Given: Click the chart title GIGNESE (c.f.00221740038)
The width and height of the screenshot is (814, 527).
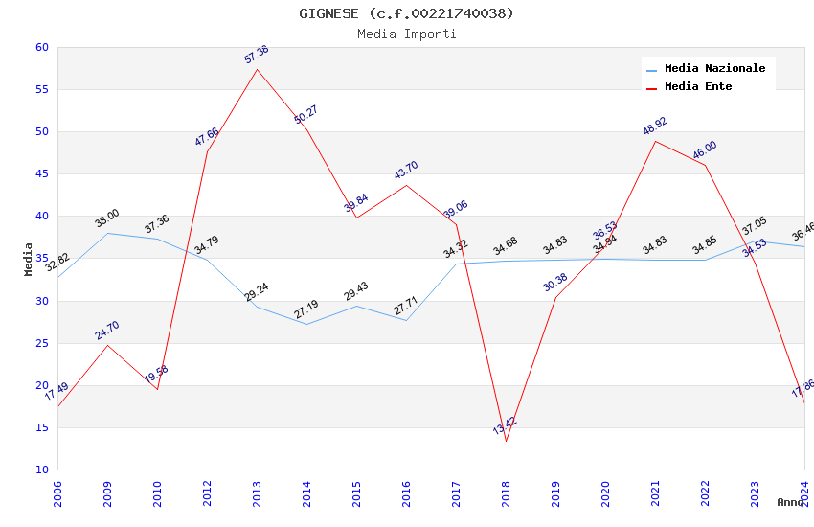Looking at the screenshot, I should click(x=406, y=13).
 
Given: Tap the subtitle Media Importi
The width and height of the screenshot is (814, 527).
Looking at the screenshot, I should click(x=406, y=34).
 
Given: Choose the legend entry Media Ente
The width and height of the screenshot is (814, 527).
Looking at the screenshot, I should click(x=698, y=86).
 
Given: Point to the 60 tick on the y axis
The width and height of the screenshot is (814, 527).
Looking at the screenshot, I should click(x=41, y=47).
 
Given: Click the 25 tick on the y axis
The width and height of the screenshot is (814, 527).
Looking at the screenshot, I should click(x=41, y=343).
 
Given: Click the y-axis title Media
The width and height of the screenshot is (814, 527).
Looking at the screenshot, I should click(x=29, y=259).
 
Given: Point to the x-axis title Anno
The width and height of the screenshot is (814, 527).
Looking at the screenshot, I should click(x=790, y=502).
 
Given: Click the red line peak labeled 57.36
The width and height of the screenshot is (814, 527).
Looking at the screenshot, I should click(x=257, y=69).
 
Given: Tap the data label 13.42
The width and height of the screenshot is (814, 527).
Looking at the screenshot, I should click(x=505, y=424).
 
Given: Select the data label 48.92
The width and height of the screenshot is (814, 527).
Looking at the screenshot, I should click(x=655, y=126).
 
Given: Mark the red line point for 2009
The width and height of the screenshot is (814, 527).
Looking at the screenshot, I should click(x=107, y=345).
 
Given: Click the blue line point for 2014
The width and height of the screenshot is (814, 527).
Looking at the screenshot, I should click(x=306, y=324).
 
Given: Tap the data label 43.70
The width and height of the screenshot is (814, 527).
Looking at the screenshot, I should click(x=406, y=170).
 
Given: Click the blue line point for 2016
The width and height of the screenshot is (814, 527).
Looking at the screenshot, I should click(x=406, y=320).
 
